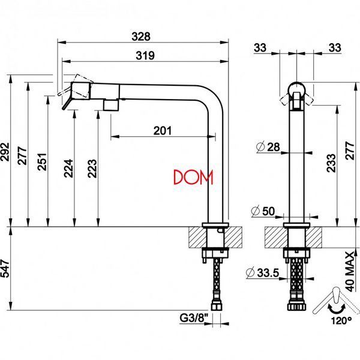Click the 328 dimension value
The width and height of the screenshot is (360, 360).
coord(141,37)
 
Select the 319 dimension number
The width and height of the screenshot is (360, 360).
coord(145,56)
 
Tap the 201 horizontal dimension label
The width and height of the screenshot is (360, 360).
coord(163,131)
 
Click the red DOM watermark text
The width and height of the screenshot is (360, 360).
coord(193,177)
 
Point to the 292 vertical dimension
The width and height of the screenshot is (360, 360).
coord(5,152)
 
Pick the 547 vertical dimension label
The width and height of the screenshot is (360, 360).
coord(5,268)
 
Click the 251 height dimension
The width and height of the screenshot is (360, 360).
coord(42,161)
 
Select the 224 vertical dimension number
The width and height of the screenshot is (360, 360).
coord(68,168)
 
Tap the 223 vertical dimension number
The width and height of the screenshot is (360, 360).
coord(92,168)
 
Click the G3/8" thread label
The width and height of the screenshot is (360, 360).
coord(194,318)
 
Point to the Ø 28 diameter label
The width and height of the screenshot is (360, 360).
coord(268,147)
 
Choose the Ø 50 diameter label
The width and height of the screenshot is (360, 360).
coord(263,211)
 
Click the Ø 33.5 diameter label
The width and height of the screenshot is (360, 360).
coord(262,272)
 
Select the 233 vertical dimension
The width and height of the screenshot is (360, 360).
coord(332,163)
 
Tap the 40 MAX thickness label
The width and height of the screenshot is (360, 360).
coord(350,272)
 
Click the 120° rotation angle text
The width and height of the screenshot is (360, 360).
coord(341,320)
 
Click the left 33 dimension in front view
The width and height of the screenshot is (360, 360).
coord(260,48)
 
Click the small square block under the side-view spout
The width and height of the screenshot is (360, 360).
coord(111,105)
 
